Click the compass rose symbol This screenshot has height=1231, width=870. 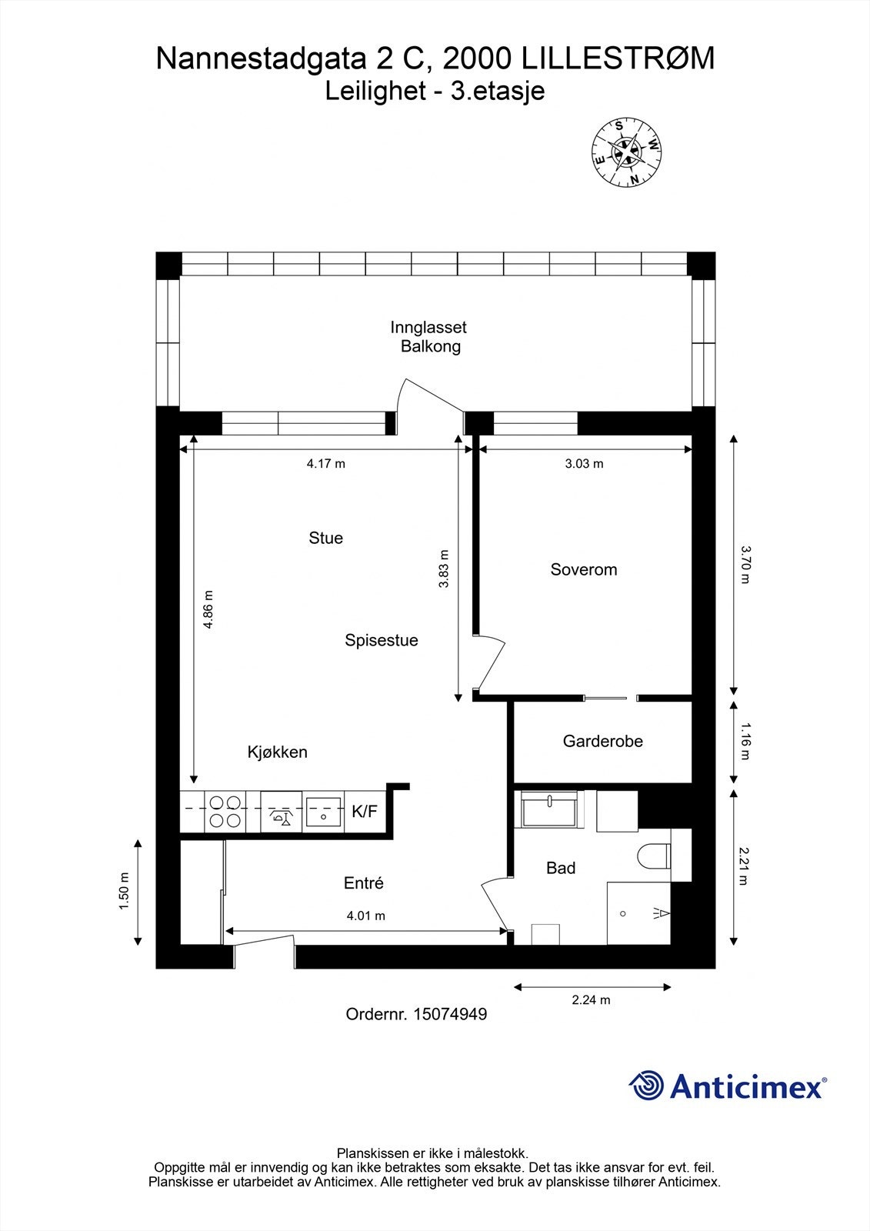[x=626, y=152]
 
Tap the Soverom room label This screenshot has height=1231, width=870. [x=584, y=569]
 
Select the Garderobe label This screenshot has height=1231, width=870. [x=602, y=742]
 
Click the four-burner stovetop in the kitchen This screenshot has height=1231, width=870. [x=225, y=811]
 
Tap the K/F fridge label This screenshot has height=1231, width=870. [x=365, y=811]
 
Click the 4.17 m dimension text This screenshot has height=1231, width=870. [x=326, y=463]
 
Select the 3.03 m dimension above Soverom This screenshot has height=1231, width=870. [x=584, y=463]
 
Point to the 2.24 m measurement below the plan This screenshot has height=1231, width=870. [x=592, y=999]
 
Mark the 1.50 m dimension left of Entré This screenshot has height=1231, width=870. [x=124, y=891]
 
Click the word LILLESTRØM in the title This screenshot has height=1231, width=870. [x=618, y=58]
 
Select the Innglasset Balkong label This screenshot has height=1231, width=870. [x=429, y=336]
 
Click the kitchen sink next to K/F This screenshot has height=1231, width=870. [x=324, y=811]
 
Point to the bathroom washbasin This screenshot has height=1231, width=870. [x=549, y=809]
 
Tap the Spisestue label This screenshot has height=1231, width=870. [x=382, y=640]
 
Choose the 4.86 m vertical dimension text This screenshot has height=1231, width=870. [x=207, y=609]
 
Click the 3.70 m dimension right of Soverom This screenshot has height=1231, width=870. [x=745, y=565]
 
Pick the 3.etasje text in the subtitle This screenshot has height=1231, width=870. [x=498, y=92]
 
